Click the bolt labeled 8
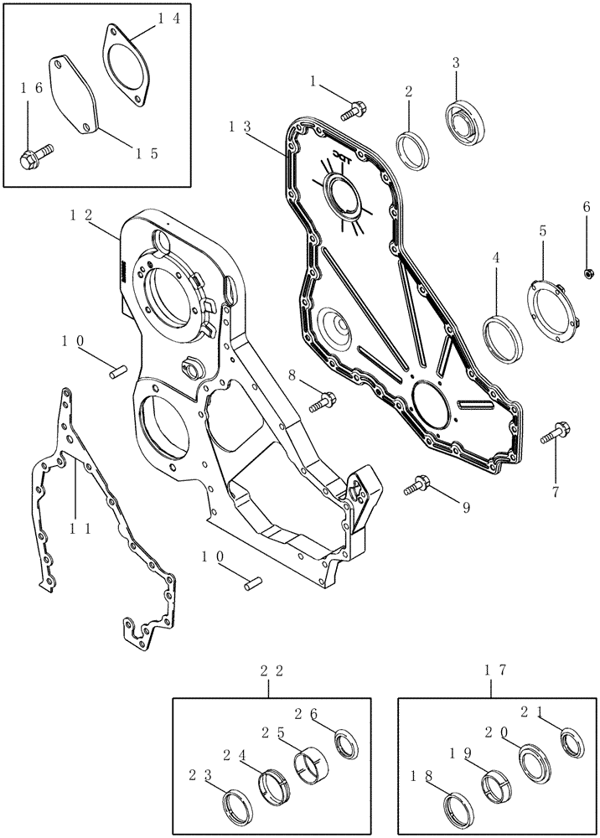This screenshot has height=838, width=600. [323, 401]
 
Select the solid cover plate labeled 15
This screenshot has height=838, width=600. [76, 92]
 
